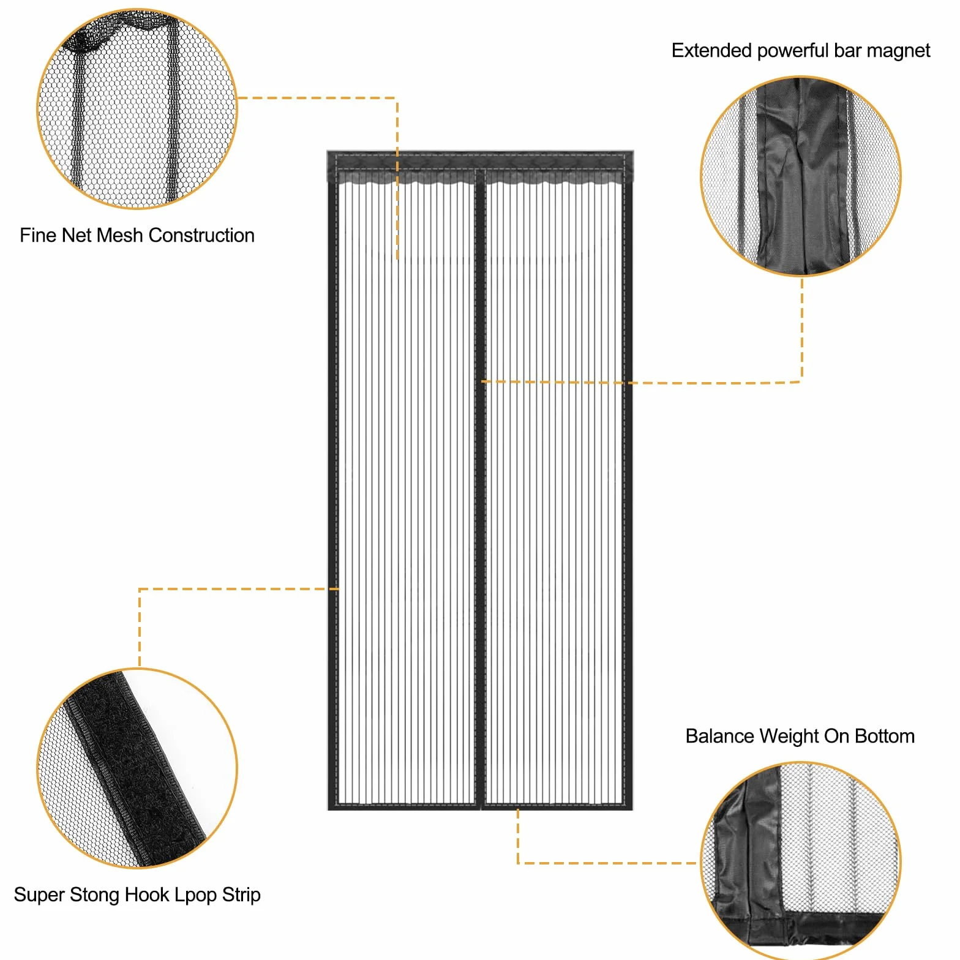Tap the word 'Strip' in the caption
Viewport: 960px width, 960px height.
[241, 895]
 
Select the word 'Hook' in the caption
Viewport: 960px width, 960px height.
[147, 894]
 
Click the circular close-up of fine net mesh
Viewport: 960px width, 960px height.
[137, 108]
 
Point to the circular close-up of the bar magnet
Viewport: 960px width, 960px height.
[801, 176]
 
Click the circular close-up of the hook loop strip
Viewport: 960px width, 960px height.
[137, 768]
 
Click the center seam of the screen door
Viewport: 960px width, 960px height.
[481, 490]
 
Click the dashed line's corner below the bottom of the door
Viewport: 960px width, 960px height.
[518, 863]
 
